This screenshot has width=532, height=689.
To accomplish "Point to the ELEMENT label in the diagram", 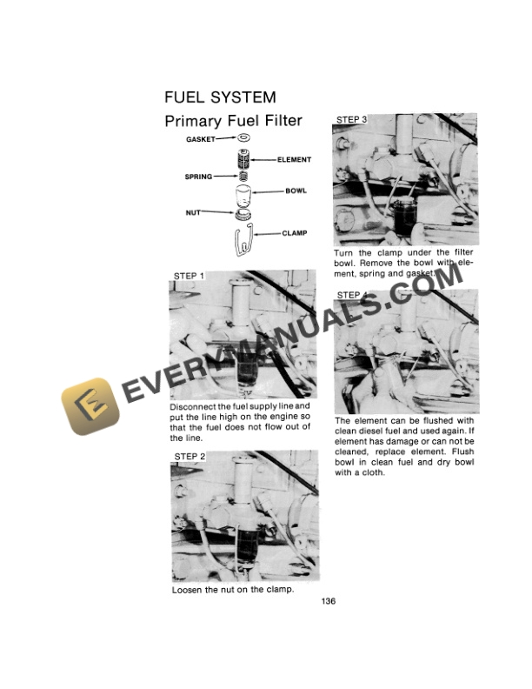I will click(294, 160).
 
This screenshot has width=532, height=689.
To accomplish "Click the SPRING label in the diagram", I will click(198, 177).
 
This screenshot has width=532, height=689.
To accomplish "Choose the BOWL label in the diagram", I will click(296, 191).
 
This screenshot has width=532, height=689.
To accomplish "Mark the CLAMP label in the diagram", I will click(296, 233).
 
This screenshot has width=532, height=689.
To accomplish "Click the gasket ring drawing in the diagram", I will click(243, 138).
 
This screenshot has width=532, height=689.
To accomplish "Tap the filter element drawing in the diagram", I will click(243, 159).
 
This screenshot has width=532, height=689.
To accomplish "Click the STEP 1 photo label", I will click(189, 276).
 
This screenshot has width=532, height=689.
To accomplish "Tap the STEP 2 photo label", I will click(190, 457).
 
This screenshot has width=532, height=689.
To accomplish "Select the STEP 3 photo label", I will click(351, 119).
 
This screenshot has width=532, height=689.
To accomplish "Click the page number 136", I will click(329, 601).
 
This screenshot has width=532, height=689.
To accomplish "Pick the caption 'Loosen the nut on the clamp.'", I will click(232, 589).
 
